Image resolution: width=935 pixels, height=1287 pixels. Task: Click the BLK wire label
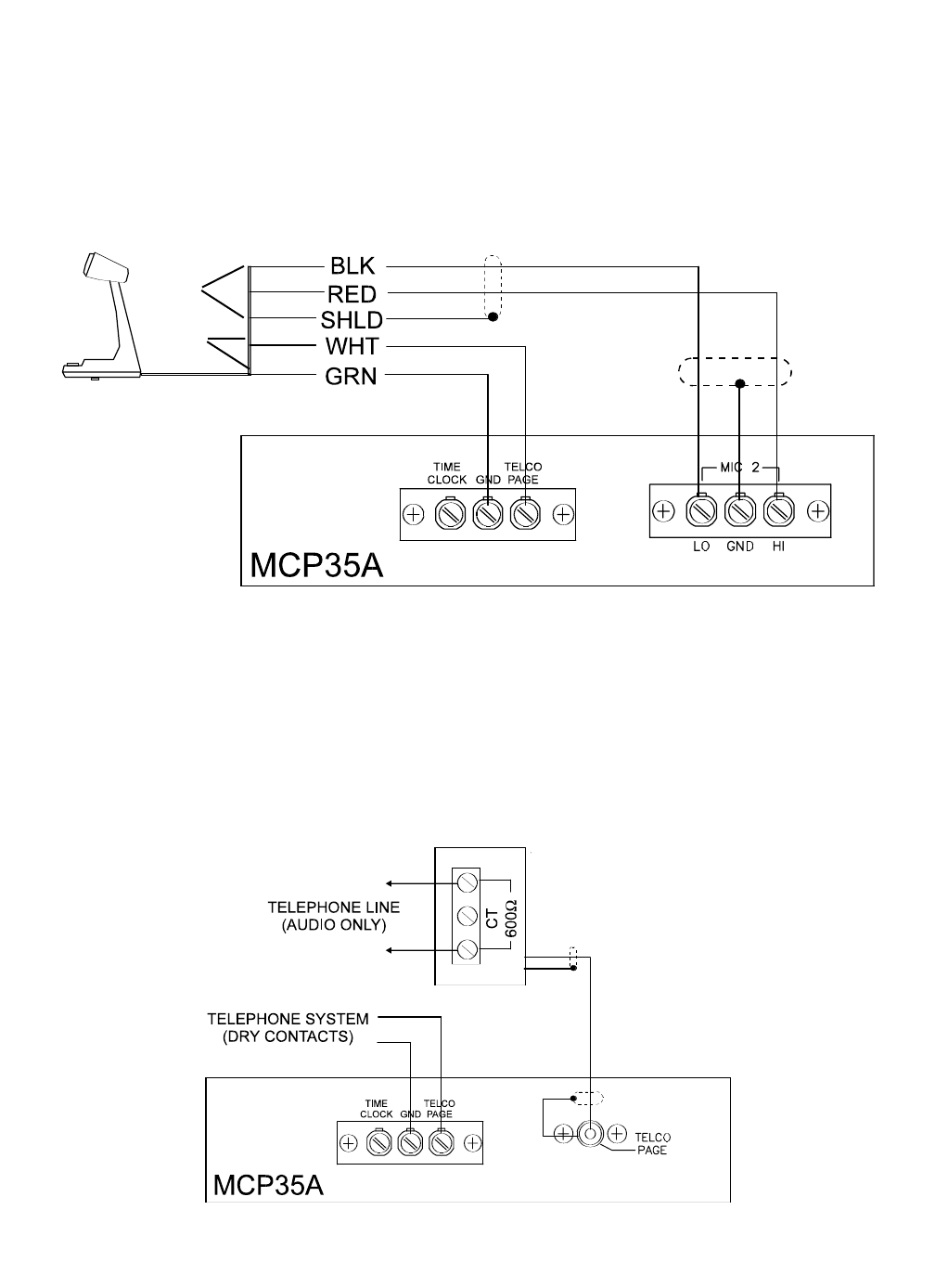[352, 266]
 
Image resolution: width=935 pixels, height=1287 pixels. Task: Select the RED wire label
[352, 294]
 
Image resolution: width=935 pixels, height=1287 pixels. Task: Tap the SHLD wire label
[352, 320]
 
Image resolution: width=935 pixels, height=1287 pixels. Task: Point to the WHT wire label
[352, 346]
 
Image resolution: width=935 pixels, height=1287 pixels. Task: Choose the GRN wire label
[351, 377]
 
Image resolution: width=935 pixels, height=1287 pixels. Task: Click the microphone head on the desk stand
[106, 267]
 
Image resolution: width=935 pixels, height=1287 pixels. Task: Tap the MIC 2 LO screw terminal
[701, 510]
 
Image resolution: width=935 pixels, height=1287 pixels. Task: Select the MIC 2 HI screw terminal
[779, 510]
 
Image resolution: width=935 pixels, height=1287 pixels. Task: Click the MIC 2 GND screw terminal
[739, 510]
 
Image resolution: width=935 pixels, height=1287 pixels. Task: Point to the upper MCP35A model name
[316, 565]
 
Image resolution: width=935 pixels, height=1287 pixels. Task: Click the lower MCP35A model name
[268, 1185]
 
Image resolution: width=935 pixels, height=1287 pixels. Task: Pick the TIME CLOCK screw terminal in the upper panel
[449, 514]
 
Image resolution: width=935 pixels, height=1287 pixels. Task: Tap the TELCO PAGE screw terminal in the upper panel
[525, 514]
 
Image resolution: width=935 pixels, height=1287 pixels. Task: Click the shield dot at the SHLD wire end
[493, 316]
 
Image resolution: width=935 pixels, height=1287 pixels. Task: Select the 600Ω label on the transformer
[511, 918]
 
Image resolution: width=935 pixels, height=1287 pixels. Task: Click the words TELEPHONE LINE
[334, 907]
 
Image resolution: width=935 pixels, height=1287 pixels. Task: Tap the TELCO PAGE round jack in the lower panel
[590, 1134]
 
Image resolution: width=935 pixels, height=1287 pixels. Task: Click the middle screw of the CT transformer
[467, 916]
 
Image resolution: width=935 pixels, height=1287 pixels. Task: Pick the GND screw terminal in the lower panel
[409, 1143]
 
